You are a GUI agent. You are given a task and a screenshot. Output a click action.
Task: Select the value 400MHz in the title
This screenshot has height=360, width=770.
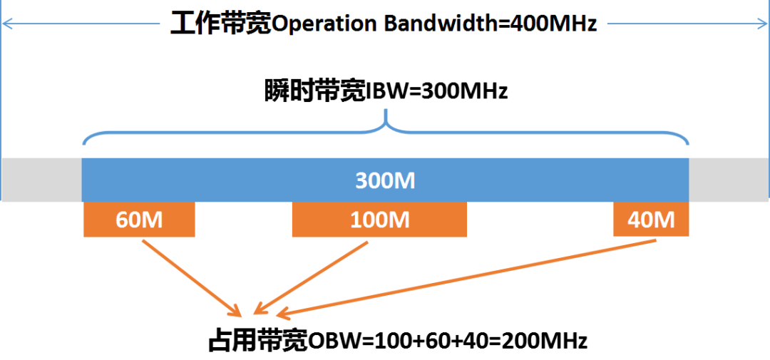pyautogui.click(x=549, y=24)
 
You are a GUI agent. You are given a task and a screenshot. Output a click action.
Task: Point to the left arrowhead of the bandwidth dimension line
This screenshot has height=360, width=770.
pyautogui.click(x=6, y=24)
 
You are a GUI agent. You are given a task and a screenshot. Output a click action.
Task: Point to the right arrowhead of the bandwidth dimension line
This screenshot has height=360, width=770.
pyautogui.click(x=764, y=24)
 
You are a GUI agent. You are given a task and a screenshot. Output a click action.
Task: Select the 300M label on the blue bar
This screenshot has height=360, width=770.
pyautogui.click(x=385, y=180)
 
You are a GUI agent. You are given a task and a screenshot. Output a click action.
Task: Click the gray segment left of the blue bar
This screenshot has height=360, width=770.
pyautogui.click(x=41, y=180)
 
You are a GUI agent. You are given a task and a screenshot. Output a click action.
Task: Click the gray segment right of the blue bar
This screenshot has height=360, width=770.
pyautogui.click(x=729, y=180)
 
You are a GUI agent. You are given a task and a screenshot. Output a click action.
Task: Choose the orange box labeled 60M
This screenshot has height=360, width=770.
pyautogui.click(x=139, y=220)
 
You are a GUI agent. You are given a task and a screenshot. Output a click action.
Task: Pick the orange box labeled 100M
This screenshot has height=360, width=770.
pyautogui.click(x=379, y=220)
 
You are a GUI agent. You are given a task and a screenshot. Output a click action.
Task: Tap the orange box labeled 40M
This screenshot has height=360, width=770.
pyautogui.click(x=651, y=220)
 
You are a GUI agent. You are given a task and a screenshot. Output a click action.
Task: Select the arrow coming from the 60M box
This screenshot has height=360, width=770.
pyautogui.click(x=191, y=278)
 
